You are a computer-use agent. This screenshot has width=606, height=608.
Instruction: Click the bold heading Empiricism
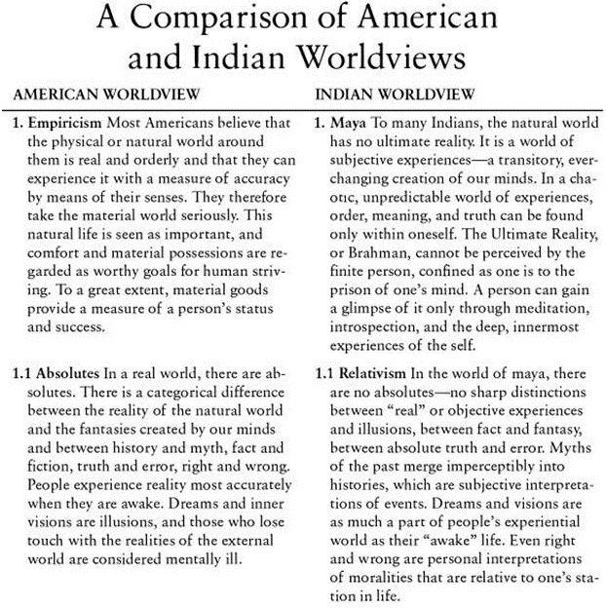point(68,126)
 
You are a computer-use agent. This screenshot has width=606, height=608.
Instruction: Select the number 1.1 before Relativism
point(326,371)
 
